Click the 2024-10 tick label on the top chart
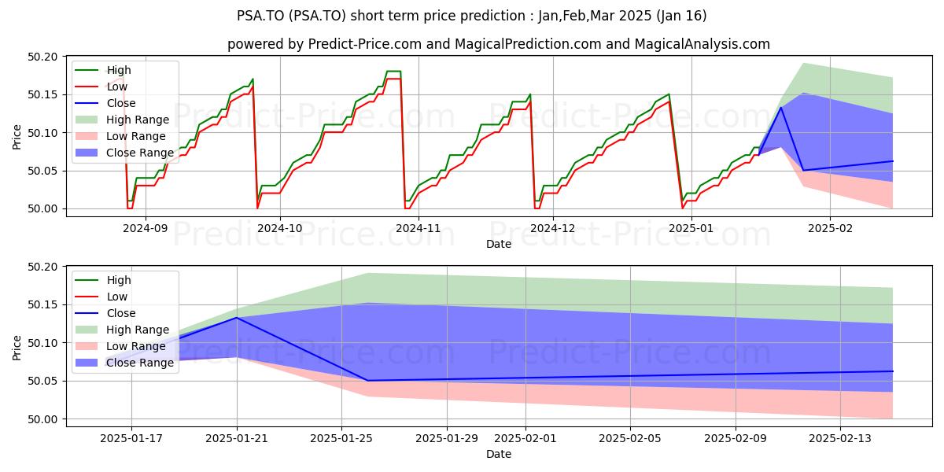(x=280, y=228)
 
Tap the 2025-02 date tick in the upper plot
(x=830, y=228)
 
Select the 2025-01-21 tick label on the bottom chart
(x=237, y=438)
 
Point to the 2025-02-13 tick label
(x=840, y=438)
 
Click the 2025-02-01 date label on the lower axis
(x=525, y=438)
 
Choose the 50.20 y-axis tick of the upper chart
(x=42, y=57)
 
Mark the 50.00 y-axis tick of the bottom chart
(x=42, y=419)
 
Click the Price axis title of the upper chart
(x=17, y=137)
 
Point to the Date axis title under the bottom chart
(x=499, y=454)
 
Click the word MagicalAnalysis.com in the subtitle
(x=702, y=44)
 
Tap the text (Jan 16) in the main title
(x=681, y=16)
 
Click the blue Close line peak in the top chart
(x=781, y=107)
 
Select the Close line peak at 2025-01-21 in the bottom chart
(x=237, y=318)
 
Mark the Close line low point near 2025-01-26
(x=367, y=381)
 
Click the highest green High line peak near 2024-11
(x=393, y=71)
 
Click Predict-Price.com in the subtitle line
(x=365, y=44)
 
